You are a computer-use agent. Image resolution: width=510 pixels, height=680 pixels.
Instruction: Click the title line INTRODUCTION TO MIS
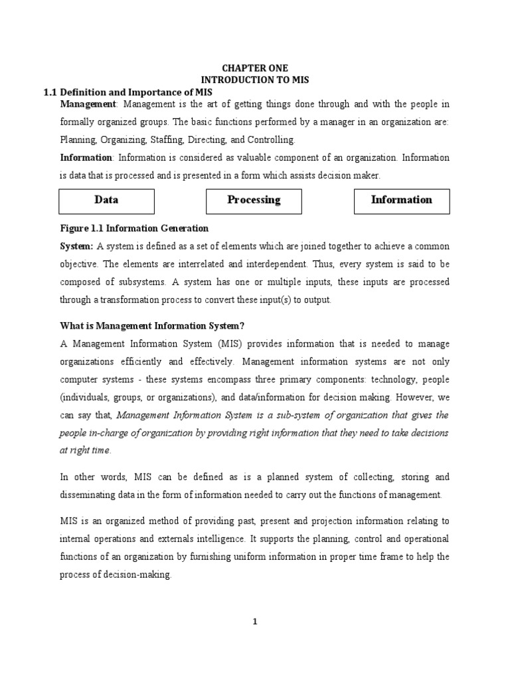click(x=254, y=80)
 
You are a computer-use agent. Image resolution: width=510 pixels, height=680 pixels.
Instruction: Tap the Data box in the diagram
click(x=107, y=201)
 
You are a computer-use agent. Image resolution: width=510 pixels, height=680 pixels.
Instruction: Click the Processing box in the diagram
click(x=254, y=201)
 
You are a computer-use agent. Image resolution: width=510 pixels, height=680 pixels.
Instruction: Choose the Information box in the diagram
click(x=401, y=201)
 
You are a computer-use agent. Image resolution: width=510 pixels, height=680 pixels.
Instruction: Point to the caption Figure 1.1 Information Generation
click(x=134, y=228)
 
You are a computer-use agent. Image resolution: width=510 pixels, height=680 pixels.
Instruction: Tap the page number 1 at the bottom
click(x=255, y=622)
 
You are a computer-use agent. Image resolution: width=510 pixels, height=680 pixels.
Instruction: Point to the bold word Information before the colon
click(x=86, y=158)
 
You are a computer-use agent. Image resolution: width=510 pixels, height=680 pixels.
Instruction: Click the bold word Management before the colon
click(x=88, y=105)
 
